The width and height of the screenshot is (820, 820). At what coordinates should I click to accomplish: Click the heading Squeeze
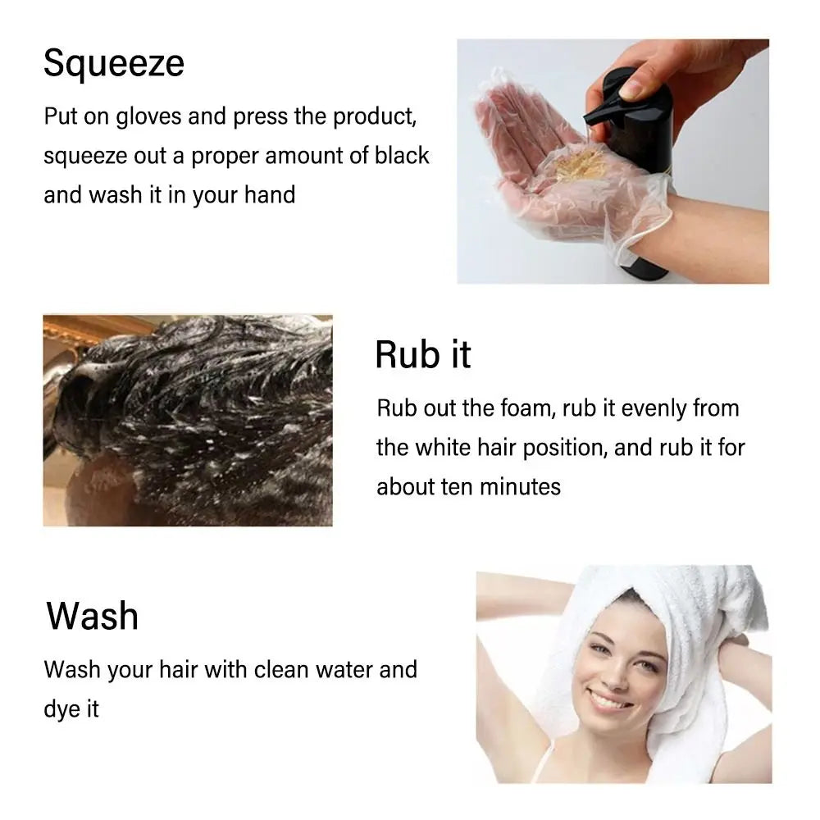coord(114,64)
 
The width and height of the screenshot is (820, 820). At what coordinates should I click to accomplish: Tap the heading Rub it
coord(422,355)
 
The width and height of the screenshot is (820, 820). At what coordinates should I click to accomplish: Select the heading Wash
coord(92,616)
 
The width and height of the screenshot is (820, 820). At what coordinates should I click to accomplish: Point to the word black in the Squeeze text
coord(402,156)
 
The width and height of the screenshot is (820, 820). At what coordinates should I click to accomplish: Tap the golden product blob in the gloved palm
coord(582,164)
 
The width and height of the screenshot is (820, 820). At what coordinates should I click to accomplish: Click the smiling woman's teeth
coord(608,701)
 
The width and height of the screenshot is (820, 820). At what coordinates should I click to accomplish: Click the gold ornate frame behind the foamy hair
coord(74,328)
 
